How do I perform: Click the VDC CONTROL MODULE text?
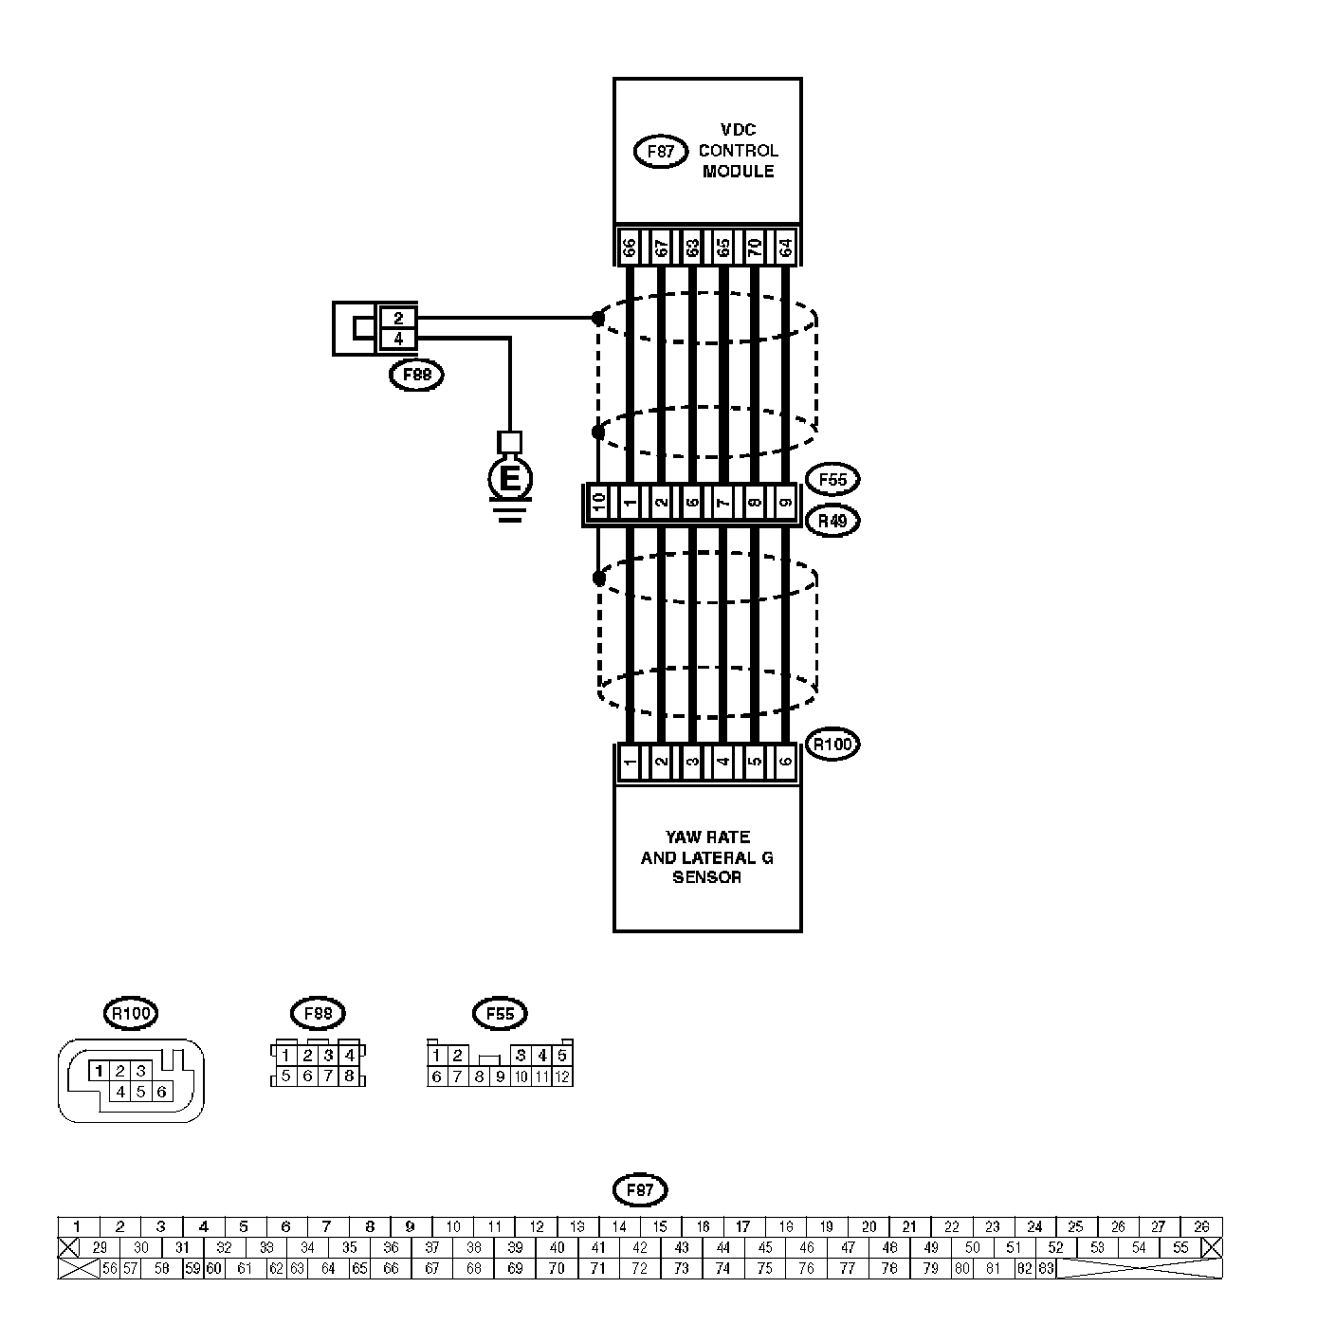(x=737, y=150)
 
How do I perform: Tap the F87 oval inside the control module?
(x=660, y=151)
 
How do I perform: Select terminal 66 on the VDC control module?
(x=629, y=248)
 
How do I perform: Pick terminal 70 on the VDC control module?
(x=755, y=248)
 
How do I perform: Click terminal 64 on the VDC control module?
(x=785, y=248)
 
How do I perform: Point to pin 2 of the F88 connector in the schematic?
(x=398, y=319)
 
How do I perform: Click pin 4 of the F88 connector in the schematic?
(x=398, y=338)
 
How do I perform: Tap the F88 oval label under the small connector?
(x=417, y=376)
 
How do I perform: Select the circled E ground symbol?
(x=510, y=480)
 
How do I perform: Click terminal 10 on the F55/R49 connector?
(x=598, y=503)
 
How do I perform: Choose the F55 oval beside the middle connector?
(x=832, y=480)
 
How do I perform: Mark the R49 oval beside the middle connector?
(x=832, y=521)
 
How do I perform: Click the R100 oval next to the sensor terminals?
(x=832, y=745)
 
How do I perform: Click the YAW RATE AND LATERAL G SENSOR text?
(x=706, y=857)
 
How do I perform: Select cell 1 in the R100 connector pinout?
(x=99, y=1071)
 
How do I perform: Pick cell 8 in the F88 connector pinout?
(x=350, y=1076)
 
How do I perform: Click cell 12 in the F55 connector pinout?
(x=562, y=1076)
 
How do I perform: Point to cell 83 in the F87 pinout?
(x=1046, y=1268)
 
